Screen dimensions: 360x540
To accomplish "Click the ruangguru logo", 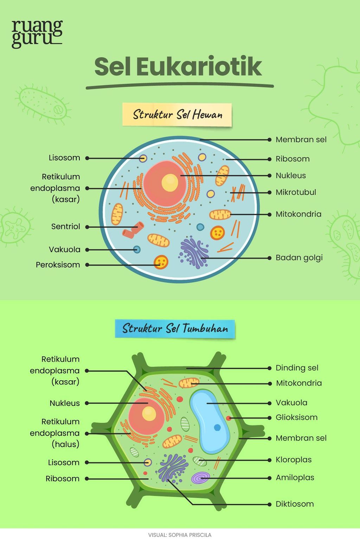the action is [x=37, y=34].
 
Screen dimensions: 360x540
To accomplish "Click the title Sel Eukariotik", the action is [x=178, y=66].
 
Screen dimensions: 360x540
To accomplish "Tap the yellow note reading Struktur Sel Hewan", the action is [x=177, y=115].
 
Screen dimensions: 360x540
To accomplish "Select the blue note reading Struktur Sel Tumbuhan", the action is [x=175, y=329].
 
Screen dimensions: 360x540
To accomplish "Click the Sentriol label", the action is [x=65, y=227].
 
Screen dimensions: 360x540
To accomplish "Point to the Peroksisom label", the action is [x=58, y=265].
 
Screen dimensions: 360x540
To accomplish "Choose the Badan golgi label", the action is [x=299, y=258].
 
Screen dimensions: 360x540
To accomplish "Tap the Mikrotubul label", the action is [x=296, y=192].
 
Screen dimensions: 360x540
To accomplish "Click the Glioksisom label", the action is [x=296, y=417].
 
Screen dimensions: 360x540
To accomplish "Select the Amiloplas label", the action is [x=295, y=478].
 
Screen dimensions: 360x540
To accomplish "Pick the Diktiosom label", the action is [x=295, y=504].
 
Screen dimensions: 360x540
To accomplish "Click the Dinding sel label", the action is [x=297, y=368].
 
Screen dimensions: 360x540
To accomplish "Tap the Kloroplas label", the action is [x=294, y=460].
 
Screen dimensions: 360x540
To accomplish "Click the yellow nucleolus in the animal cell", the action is [x=170, y=183].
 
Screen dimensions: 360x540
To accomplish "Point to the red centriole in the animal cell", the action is [x=133, y=230].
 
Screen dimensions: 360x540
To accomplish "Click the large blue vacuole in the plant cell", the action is [x=210, y=422].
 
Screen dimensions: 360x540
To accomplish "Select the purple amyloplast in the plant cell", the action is [x=200, y=478].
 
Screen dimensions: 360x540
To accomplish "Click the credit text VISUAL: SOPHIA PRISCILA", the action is [x=180, y=535].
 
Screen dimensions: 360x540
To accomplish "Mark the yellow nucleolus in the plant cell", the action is [x=149, y=413].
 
